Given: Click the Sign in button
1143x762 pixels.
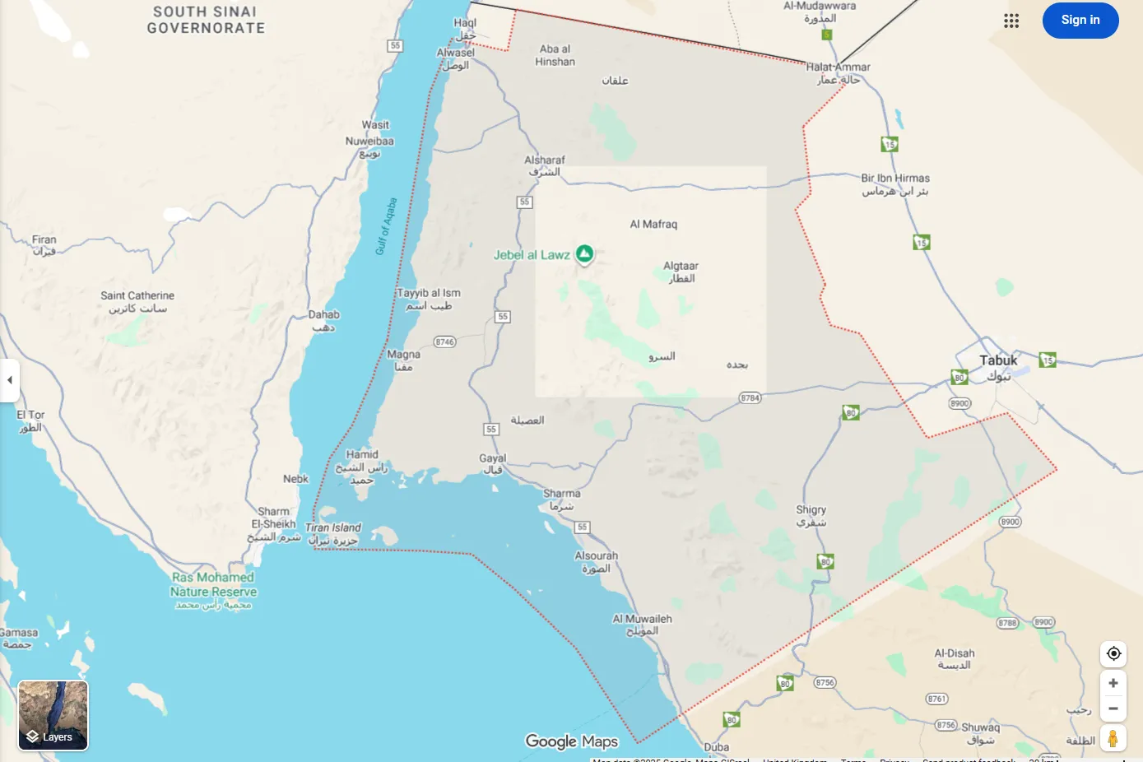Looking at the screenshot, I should (1080, 21).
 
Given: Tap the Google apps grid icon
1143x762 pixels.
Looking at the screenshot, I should (1011, 21).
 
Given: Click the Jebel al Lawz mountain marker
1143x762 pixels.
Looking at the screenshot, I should (584, 254).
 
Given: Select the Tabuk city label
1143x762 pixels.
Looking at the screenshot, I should (998, 360).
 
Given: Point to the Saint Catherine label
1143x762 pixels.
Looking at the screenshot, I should (137, 296).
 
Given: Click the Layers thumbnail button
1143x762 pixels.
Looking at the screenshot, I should (53, 715).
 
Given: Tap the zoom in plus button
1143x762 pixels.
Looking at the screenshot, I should (1113, 683).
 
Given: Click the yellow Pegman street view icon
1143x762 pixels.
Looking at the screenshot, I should (1113, 738).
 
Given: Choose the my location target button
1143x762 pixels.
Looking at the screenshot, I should (1113, 653).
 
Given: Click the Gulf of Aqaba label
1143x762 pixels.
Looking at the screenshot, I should (386, 226).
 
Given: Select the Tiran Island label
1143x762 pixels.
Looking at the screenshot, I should (333, 527).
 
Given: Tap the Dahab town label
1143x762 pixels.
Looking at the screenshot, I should (323, 315).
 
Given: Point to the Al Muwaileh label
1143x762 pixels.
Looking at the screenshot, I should (642, 620).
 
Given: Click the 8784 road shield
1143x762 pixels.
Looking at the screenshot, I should (750, 397).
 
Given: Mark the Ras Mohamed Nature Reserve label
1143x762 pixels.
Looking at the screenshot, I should (213, 584).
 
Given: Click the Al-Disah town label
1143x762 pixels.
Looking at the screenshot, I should (954, 653).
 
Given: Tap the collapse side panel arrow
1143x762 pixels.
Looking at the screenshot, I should (9, 380).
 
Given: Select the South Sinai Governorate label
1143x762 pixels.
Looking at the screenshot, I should (206, 20).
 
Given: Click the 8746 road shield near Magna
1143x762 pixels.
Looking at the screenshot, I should (444, 342).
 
